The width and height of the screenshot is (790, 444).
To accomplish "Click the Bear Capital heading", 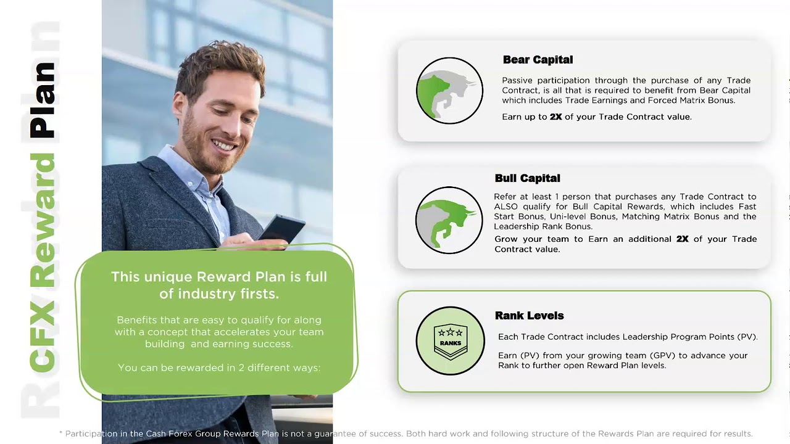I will click(x=538, y=60).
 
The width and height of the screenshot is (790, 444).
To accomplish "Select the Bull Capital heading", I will click(x=527, y=178).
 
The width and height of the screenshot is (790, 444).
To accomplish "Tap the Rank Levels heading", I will click(x=529, y=316).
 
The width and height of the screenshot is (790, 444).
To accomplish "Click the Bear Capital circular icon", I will click(x=449, y=91).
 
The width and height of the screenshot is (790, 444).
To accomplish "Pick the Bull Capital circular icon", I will click(x=449, y=220).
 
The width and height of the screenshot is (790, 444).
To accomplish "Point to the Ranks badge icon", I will click(x=450, y=340).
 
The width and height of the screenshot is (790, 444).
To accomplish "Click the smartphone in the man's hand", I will click(x=281, y=228).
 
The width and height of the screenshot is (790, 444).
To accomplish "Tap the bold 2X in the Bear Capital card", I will click(x=555, y=117).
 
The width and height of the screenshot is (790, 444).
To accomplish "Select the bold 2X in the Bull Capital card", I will click(x=682, y=239).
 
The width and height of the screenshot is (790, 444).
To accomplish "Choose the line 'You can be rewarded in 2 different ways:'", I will click(x=219, y=368).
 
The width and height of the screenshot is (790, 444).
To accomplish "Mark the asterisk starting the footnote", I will click(x=61, y=434).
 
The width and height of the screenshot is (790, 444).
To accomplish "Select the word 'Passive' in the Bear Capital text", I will click(x=518, y=80).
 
